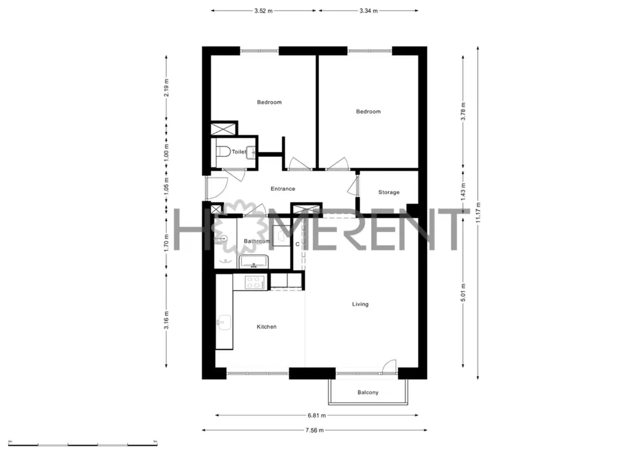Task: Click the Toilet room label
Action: pos(239,152)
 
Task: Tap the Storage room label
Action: pos(389,192)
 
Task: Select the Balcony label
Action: pos(368,392)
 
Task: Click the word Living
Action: pos(360,304)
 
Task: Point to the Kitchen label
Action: pos(267,327)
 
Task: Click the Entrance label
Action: pos(283,189)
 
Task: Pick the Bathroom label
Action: pos(257,241)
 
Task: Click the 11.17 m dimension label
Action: pos(478,213)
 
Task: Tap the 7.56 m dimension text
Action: pos(314,430)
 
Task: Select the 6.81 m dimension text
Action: pos(317,415)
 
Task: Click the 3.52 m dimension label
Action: pos(264,11)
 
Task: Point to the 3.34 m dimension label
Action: pos(369,11)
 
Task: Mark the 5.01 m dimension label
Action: pos(463,292)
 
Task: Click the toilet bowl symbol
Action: pos(223,152)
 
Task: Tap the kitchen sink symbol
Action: pos(224,322)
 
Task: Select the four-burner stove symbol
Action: pos(254,283)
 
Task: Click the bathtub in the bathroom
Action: pos(254,261)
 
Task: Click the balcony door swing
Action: pos(389,367)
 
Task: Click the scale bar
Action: pos(82,445)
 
